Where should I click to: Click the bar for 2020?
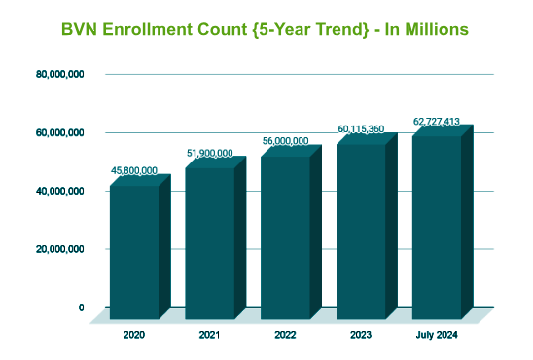(x=140, y=247)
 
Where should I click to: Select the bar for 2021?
(x=216, y=238)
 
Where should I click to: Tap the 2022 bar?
(x=292, y=233)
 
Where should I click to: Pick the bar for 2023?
(x=367, y=226)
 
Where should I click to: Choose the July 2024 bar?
(x=443, y=222)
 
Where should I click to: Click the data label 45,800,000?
(x=134, y=170)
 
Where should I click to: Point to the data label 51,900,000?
(x=210, y=154)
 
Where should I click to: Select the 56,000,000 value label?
(x=286, y=141)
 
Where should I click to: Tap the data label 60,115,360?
(x=361, y=129)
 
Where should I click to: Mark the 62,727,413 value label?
(x=437, y=122)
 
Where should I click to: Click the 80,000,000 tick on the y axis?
(x=60, y=74)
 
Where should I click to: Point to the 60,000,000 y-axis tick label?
(x=60, y=133)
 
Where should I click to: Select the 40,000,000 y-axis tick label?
(x=60, y=191)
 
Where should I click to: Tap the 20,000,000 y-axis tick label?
(x=60, y=249)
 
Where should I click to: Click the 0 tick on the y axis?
(x=82, y=307)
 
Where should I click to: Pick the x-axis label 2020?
(x=134, y=335)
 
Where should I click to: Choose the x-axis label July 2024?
(x=437, y=335)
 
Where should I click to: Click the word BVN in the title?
(x=80, y=29)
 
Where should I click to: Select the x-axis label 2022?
(x=286, y=335)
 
